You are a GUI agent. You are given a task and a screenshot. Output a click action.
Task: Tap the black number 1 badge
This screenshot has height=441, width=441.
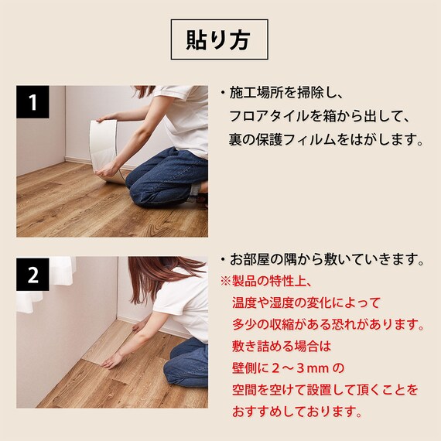[32, 101]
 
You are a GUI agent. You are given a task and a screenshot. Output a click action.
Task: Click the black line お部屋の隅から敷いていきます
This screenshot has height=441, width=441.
[327, 258]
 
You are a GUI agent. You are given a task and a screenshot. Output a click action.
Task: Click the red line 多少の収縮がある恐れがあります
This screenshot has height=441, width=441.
[327, 323]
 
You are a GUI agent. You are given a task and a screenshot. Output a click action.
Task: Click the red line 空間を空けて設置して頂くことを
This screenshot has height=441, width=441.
[325, 389]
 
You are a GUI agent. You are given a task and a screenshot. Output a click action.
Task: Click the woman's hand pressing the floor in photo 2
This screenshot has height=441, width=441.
[112, 361]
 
